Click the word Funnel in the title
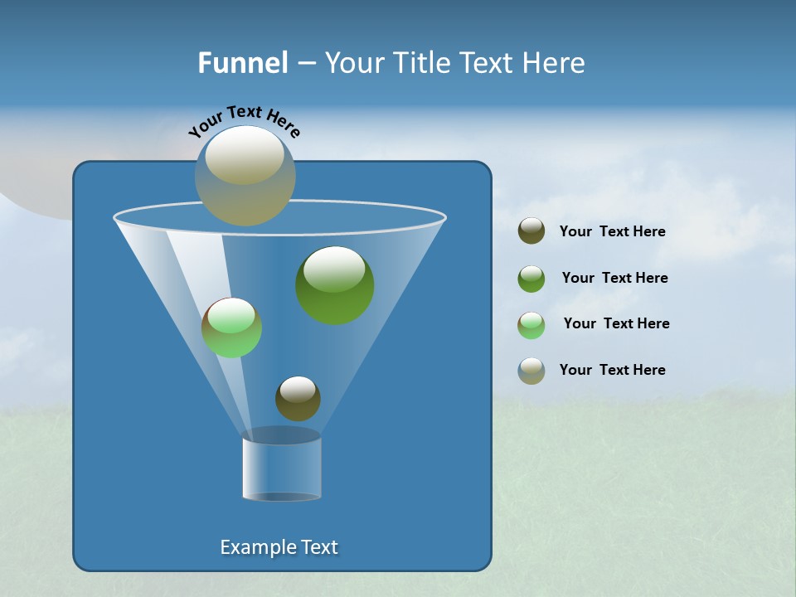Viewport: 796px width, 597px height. pos(242,62)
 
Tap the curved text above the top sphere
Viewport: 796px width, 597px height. pos(245,120)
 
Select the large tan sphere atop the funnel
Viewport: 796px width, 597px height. pos(245,176)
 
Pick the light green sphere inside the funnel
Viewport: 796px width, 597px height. pos(231,328)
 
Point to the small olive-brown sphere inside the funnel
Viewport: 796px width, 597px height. pos(298,398)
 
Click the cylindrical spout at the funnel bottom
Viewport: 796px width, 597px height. pos(282,468)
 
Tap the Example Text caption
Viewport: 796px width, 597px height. pos(279,547)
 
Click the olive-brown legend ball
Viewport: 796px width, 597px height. pos(531,231)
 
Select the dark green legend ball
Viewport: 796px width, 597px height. pos(531,278)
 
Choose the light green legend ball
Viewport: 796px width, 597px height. pos(531,324)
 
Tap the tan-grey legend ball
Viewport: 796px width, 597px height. pos(531,370)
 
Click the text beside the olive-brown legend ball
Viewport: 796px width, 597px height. pos(613,231)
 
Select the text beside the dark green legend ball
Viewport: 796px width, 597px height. pos(615,278)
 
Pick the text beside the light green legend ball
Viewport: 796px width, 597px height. pos(617,323)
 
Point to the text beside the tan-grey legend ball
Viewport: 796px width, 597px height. pos(613,370)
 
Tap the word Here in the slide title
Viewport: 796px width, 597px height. pos(557,62)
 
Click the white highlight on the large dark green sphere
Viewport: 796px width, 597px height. pos(334,268)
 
